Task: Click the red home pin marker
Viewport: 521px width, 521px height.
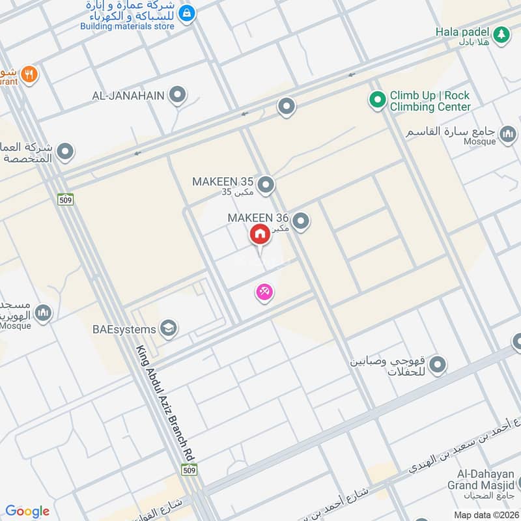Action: [x=260, y=234]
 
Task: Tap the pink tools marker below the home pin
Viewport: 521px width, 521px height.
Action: [x=264, y=292]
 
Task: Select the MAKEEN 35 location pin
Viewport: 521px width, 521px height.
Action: [x=265, y=186]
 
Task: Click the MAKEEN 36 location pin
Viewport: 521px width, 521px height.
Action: [x=300, y=222]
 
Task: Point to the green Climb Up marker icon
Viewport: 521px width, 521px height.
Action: [x=376, y=100]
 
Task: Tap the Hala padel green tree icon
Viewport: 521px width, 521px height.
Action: [x=501, y=35]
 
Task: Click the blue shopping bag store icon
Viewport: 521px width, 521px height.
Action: [x=186, y=12]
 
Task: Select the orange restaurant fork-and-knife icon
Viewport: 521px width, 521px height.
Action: [x=29, y=74]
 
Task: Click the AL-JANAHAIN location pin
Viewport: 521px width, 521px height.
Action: [x=177, y=96]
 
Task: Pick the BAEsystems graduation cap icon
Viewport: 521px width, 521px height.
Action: [x=169, y=329]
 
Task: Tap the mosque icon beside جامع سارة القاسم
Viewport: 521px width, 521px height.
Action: [x=507, y=137]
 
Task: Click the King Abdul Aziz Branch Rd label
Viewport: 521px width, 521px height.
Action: [x=169, y=401]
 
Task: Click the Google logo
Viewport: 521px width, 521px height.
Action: [x=27, y=511]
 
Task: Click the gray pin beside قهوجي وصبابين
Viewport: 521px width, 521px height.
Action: [x=437, y=365]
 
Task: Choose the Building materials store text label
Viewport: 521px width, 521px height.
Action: [x=128, y=26]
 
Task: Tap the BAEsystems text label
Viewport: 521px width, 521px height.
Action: [x=124, y=330]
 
